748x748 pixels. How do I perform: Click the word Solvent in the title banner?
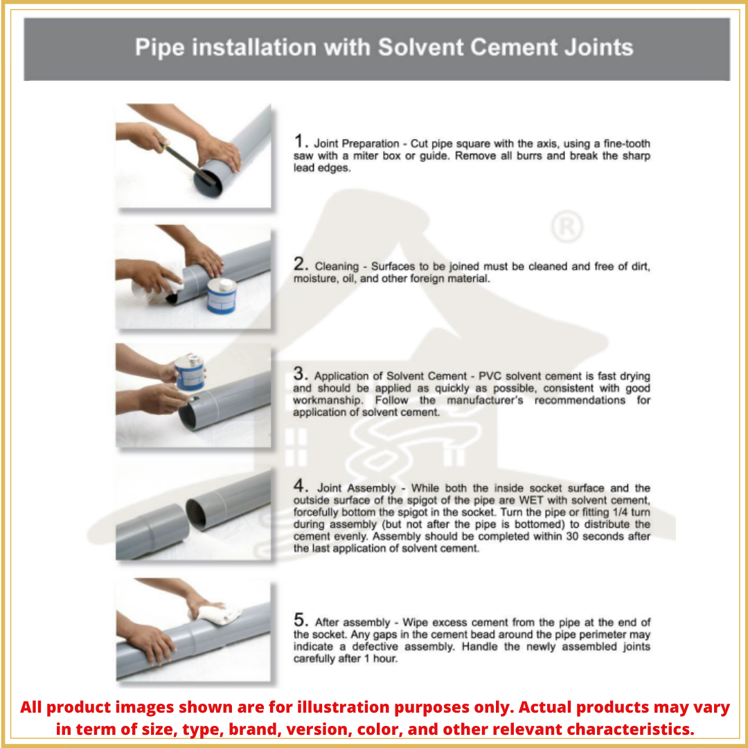[x=418, y=48]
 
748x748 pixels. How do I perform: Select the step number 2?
[x=300, y=265]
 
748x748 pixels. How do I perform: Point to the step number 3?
[x=300, y=375]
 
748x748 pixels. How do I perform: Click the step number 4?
[x=301, y=486]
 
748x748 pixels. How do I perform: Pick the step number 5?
[x=300, y=621]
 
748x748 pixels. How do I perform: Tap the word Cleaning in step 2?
[x=337, y=267]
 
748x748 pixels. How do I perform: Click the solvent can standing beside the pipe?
[x=222, y=296]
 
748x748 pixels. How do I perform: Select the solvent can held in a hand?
[x=189, y=373]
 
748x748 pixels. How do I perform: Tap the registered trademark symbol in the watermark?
[x=566, y=227]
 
